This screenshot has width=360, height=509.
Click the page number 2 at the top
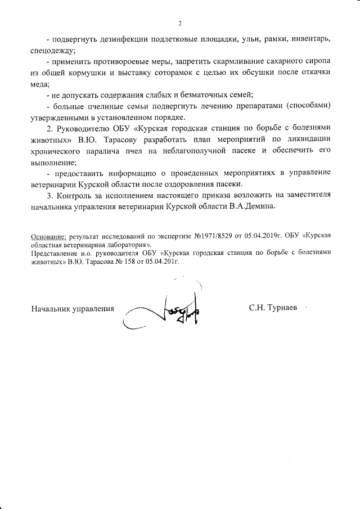coord(179,24)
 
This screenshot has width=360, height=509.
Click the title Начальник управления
coord(72,308)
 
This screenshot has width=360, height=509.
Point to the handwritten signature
coord(169,310)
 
